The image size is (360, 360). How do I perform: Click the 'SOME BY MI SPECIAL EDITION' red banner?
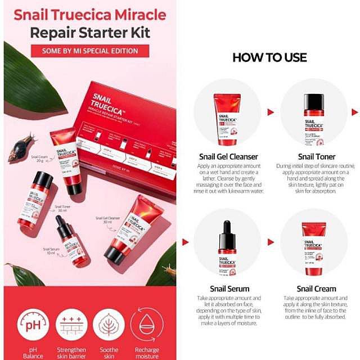[90, 51]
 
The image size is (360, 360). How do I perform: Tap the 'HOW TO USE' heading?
[269, 57]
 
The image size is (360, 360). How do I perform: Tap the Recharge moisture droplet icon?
[147, 325]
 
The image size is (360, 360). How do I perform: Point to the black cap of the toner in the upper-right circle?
[314, 101]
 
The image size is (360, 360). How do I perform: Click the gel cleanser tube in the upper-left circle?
[227, 119]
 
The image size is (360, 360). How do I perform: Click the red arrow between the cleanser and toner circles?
[271, 112]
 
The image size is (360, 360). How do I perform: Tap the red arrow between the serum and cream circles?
[271, 242]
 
